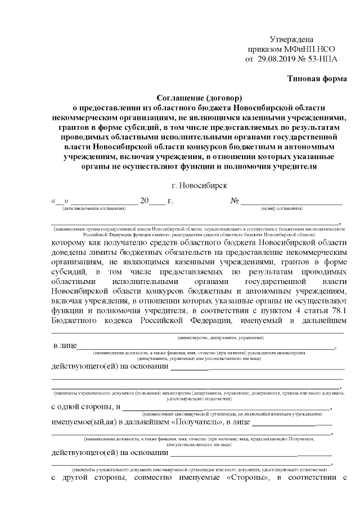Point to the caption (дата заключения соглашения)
coord(94,209)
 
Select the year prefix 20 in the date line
coord(144,201)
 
